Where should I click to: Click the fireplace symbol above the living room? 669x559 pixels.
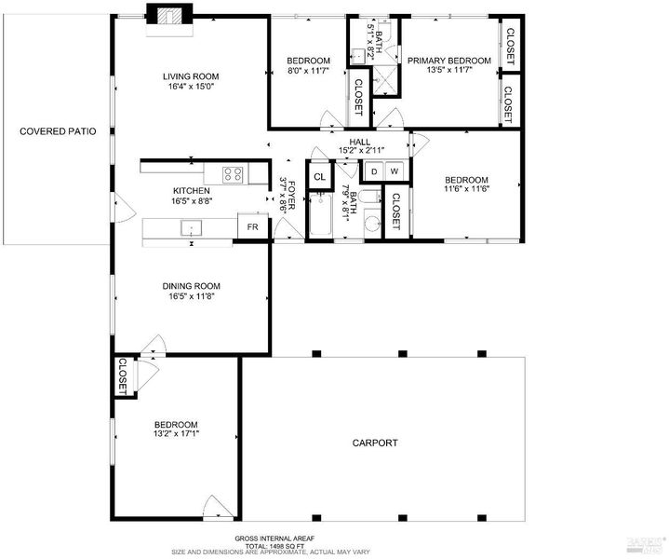coord(170,20)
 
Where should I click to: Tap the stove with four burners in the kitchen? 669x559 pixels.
coord(234,174)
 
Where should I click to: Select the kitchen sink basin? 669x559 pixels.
coord(191,227)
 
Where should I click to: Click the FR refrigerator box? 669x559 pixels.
coord(252,226)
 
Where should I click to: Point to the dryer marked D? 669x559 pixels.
coord(374,171)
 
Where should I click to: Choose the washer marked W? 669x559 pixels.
coord(395,171)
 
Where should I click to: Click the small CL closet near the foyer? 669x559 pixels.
coord(319,176)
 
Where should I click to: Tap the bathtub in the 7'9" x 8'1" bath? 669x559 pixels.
coord(320,215)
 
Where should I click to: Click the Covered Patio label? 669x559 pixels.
coord(58,131)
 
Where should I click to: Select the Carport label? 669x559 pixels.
coord(375,443)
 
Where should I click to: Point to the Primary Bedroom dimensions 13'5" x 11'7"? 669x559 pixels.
coord(449,70)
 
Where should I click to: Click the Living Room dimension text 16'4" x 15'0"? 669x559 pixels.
coord(191,86)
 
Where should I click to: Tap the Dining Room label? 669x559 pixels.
coord(191,286)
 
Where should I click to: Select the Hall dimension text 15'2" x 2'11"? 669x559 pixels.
coord(361,150)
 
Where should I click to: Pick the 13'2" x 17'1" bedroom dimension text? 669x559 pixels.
coord(177,433)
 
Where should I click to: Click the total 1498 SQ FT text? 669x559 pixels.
coord(275,546)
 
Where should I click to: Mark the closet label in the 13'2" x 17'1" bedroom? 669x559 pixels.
coord(123,376)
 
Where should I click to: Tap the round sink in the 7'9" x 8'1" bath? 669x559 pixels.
coord(373,223)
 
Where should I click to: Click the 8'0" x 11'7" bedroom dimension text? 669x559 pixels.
coord(309,70)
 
